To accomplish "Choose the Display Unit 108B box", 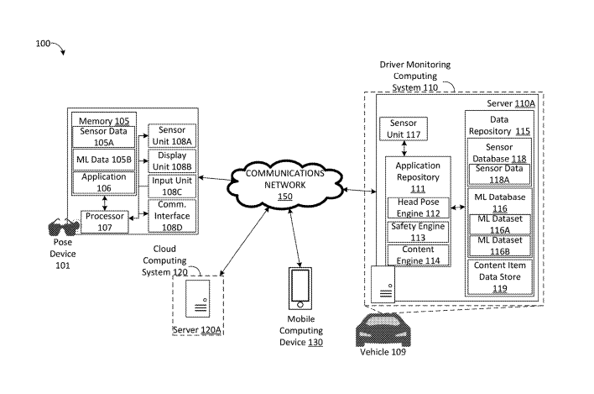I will [x=172, y=160].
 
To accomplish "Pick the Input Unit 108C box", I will [x=172, y=185].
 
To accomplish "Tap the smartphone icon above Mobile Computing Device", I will [x=300, y=290].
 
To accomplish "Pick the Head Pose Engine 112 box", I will [x=417, y=208].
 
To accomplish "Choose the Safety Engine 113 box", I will [x=417, y=232].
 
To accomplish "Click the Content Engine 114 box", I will [x=417, y=255].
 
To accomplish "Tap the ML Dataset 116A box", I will [x=500, y=223].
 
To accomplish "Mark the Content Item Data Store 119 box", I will [x=500, y=276].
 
